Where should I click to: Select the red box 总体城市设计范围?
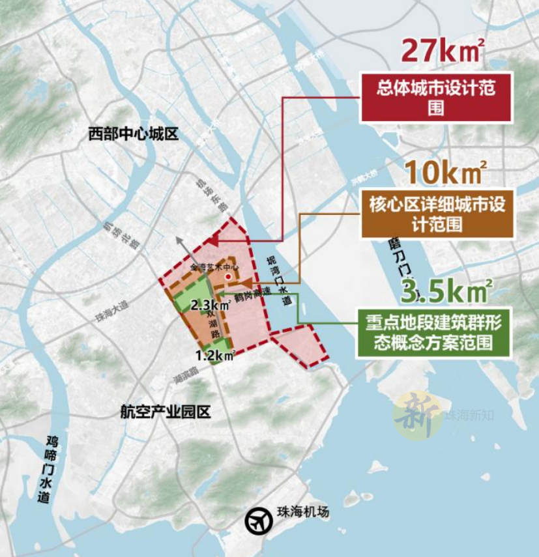coord(435,98)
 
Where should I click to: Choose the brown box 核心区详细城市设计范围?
coord(436,214)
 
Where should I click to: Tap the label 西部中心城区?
coord(133,135)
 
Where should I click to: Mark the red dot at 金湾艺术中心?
coord(228,277)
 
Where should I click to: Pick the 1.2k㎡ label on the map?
coord(216,355)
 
